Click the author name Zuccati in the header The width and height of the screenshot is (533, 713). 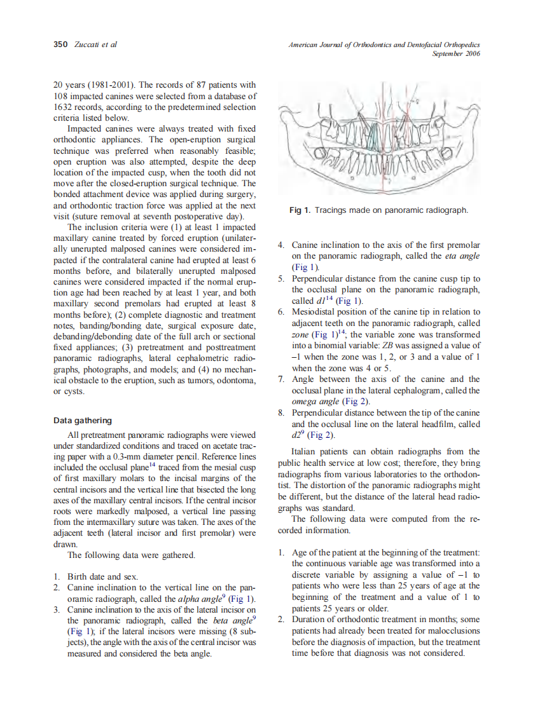[86, 45]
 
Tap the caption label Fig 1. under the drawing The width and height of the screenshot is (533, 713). [300, 210]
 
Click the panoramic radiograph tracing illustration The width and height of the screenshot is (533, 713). [379, 140]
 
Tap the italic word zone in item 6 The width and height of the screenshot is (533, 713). [300, 334]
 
